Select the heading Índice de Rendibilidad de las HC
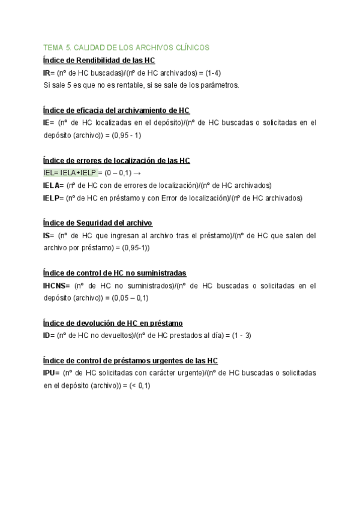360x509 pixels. (100, 60)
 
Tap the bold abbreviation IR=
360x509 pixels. (49, 73)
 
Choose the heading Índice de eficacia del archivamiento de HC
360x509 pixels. (116, 110)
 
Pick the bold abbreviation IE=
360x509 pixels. (49, 123)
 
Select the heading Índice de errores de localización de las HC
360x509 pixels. (117, 160)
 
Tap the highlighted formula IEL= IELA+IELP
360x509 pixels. (70, 173)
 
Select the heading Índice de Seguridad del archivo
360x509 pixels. (98, 223)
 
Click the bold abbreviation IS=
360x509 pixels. (49, 236)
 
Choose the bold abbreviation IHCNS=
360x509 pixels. (56, 286)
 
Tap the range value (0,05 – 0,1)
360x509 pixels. (127, 298)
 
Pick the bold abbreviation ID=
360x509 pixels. (49, 336)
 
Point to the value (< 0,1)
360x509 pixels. (136, 386)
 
